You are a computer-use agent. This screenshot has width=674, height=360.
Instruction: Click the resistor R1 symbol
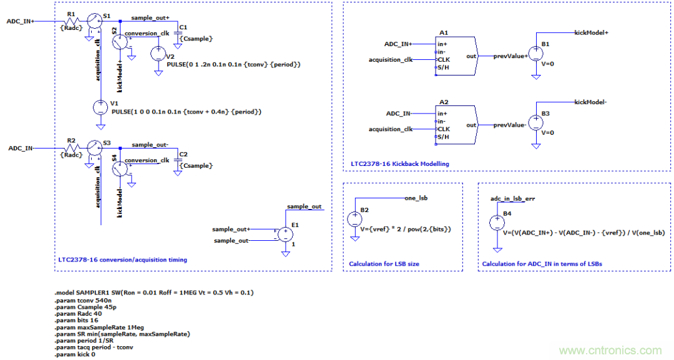click(71, 21)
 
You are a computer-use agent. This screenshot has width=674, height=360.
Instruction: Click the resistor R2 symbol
click(71, 148)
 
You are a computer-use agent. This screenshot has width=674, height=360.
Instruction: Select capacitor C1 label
click(183, 27)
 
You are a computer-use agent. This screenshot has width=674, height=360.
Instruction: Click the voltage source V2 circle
click(159, 54)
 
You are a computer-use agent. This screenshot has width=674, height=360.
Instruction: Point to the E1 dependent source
click(285, 235)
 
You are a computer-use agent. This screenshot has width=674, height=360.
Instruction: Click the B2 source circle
click(354, 219)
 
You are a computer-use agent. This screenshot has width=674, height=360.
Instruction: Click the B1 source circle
click(535, 54)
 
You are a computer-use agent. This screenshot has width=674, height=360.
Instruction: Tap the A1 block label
click(444, 32)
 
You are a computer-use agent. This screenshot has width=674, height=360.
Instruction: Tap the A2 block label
click(444, 101)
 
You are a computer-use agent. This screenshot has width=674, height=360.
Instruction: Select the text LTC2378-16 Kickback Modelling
click(399, 163)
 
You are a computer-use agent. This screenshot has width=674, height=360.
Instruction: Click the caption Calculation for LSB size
click(384, 264)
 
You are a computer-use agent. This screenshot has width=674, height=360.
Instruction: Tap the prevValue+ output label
click(510, 56)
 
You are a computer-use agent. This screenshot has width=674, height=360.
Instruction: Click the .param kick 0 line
click(75, 354)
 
